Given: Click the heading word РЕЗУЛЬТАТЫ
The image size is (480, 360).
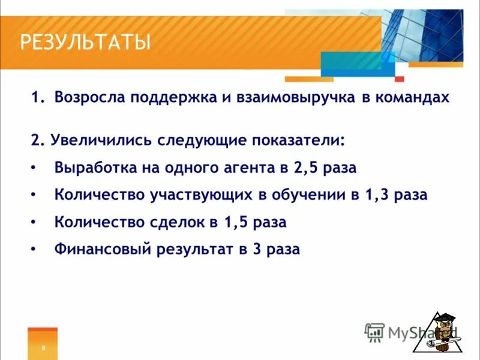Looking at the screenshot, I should [x=85, y=43].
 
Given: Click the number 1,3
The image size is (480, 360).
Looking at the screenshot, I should [x=376, y=195].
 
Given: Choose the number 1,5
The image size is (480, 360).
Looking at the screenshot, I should [x=235, y=222].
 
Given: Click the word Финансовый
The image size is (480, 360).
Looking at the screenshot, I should [x=102, y=249].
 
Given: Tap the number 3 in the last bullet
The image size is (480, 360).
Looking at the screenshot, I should [x=256, y=249].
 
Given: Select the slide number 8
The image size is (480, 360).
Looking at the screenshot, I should [x=43, y=348].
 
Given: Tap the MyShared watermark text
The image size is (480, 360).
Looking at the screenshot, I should [x=414, y=332].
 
